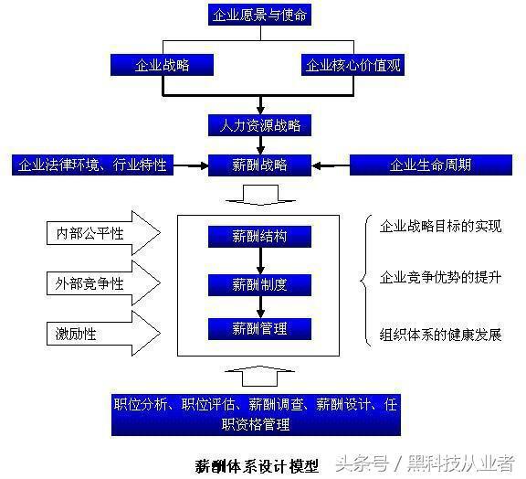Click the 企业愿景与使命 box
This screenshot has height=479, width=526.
(259, 15)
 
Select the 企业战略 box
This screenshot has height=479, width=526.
(162, 65)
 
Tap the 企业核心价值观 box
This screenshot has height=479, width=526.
(352, 65)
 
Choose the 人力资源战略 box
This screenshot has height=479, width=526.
(259, 125)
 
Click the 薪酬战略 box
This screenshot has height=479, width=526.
(259, 165)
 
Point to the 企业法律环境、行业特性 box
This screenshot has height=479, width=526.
(92, 165)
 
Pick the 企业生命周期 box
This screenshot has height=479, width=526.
(431, 165)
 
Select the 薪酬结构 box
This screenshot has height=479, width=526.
(259, 237)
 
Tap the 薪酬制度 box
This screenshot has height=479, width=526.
(259, 285)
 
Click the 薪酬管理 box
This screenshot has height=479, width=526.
(259, 329)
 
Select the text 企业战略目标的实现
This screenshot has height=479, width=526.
(440, 226)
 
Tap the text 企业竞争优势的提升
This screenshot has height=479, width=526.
(440, 278)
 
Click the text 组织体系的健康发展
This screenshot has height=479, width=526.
(440, 335)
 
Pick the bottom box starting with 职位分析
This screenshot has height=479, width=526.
(256, 415)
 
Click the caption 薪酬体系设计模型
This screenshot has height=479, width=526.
(257, 466)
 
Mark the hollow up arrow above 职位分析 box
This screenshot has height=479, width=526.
(259, 377)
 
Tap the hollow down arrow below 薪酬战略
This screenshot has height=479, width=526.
(260, 195)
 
